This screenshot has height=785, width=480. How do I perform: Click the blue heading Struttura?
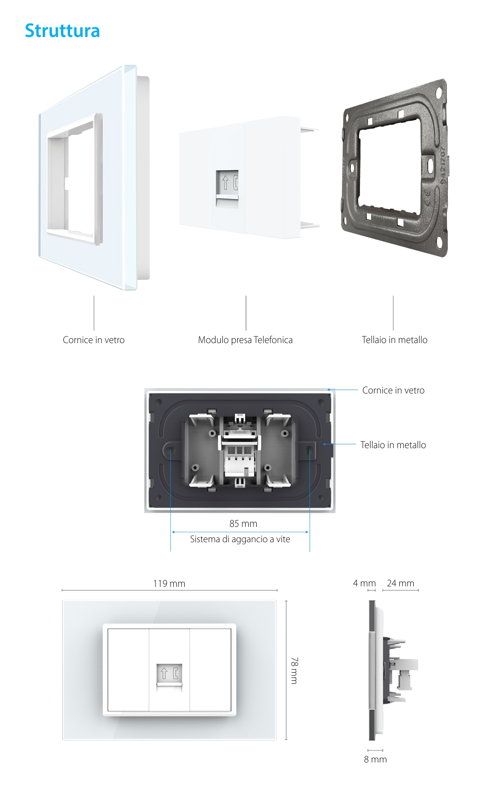click(x=62, y=31)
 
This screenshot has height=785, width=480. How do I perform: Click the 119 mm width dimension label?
click(x=169, y=583)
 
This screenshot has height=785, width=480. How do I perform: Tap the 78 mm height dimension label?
click(x=294, y=670)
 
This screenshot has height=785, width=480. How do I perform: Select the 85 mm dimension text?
click(x=243, y=523)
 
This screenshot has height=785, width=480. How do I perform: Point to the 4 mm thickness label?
click(x=364, y=583)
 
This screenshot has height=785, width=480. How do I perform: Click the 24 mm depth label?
click(x=400, y=583)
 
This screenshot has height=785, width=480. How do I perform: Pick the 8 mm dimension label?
click(x=375, y=759)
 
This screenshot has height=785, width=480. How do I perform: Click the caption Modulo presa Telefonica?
click(x=245, y=340)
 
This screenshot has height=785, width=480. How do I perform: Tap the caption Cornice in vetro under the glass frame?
click(x=94, y=340)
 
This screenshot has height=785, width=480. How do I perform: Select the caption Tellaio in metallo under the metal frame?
click(x=395, y=340)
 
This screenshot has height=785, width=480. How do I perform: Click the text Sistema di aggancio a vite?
click(x=240, y=539)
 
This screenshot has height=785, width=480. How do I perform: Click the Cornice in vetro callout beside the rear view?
click(x=393, y=390)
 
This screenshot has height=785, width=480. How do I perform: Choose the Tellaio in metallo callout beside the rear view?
click(x=393, y=445)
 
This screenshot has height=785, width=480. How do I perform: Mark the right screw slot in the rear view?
click(x=310, y=450)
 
